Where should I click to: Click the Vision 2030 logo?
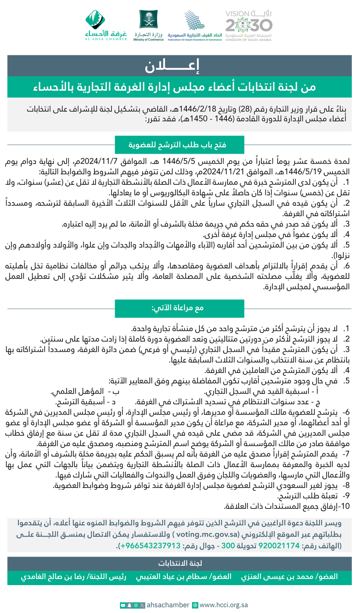click(x=248, y=25)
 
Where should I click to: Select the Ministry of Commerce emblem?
click(x=148, y=25)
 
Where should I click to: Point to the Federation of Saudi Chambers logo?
click(x=195, y=25)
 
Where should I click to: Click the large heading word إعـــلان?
click(x=172, y=65)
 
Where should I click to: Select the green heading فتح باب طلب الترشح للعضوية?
click(x=179, y=145)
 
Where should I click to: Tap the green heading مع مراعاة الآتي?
click(x=179, y=308)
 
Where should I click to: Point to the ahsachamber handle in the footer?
click(x=168, y=605)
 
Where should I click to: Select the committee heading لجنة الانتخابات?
click(x=180, y=563)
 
